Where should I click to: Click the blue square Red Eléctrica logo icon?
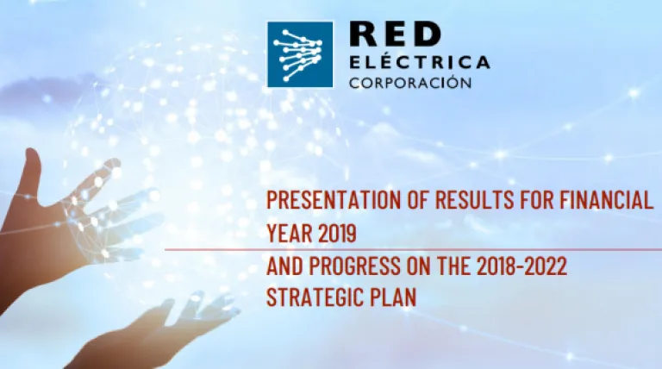click(300, 55)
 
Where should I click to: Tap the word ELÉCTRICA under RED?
click(420, 61)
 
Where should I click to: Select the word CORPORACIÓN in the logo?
click(410, 82)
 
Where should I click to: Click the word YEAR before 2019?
click(290, 233)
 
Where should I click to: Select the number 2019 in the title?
click(338, 233)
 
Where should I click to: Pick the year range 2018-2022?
click(521, 266)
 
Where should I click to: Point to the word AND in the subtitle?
click(284, 266)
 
